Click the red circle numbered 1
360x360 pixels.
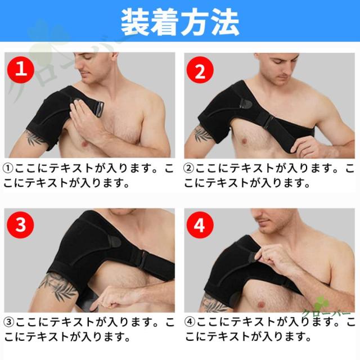pyautogui.click(x=21, y=70)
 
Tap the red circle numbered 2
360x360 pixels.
pyautogui.click(x=200, y=70)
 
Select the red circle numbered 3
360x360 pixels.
pyautogui.click(x=20, y=225)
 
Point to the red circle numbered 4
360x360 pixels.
pyautogui.click(x=200, y=225)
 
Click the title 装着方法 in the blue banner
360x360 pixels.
pyautogui.click(x=180, y=22)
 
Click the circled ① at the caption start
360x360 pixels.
pyautogui.click(x=8, y=169)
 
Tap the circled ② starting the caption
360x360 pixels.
pyautogui.click(x=189, y=169)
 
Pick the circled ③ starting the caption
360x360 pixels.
pyautogui.click(x=9, y=322)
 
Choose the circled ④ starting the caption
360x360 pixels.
pyautogui.click(x=190, y=322)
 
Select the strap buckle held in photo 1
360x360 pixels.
pyautogui.click(x=99, y=109)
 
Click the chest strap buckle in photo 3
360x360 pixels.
pyautogui.click(x=143, y=259)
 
